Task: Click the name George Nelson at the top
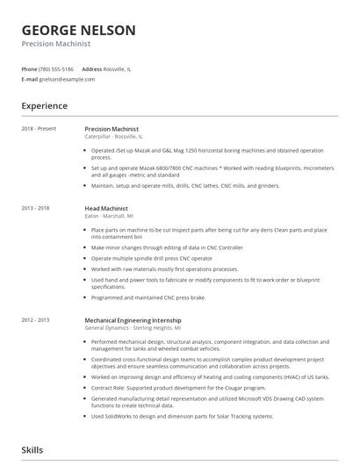(78, 30)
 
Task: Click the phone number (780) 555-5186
(56, 68)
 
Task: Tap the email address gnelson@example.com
(67, 79)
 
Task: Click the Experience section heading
(44, 106)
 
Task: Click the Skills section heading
(32, 450)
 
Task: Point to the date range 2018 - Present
(39, 129)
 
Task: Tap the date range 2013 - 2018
(36, 208)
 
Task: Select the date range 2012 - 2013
(36, 319)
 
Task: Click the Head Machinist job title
(107, 208)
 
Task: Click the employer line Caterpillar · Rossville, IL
(113, 137)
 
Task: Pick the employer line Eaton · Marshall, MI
(109, 216)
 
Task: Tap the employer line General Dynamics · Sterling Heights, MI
(133, 327)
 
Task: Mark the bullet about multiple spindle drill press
(153, 259)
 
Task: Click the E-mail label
(29, 79)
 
